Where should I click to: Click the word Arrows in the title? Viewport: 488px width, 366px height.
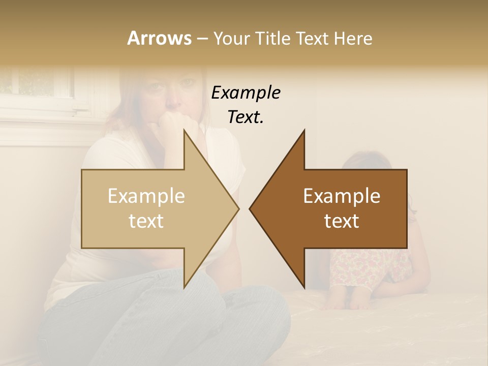tap(159, 38)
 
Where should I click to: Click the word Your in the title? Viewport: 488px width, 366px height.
tap(231, 38)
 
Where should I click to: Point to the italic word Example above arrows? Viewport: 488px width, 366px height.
tap(246, 93)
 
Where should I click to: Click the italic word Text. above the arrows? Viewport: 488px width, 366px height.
tap(246, 117)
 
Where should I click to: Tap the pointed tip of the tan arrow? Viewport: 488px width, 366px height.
tap(237, 208)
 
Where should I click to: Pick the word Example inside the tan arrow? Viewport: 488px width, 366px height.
tap(146, 196)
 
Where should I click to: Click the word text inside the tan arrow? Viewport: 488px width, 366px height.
tap(146, 221)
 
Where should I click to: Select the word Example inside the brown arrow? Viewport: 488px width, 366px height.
tap(342, 196)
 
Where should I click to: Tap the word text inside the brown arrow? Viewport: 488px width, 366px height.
tap(342, 221)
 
